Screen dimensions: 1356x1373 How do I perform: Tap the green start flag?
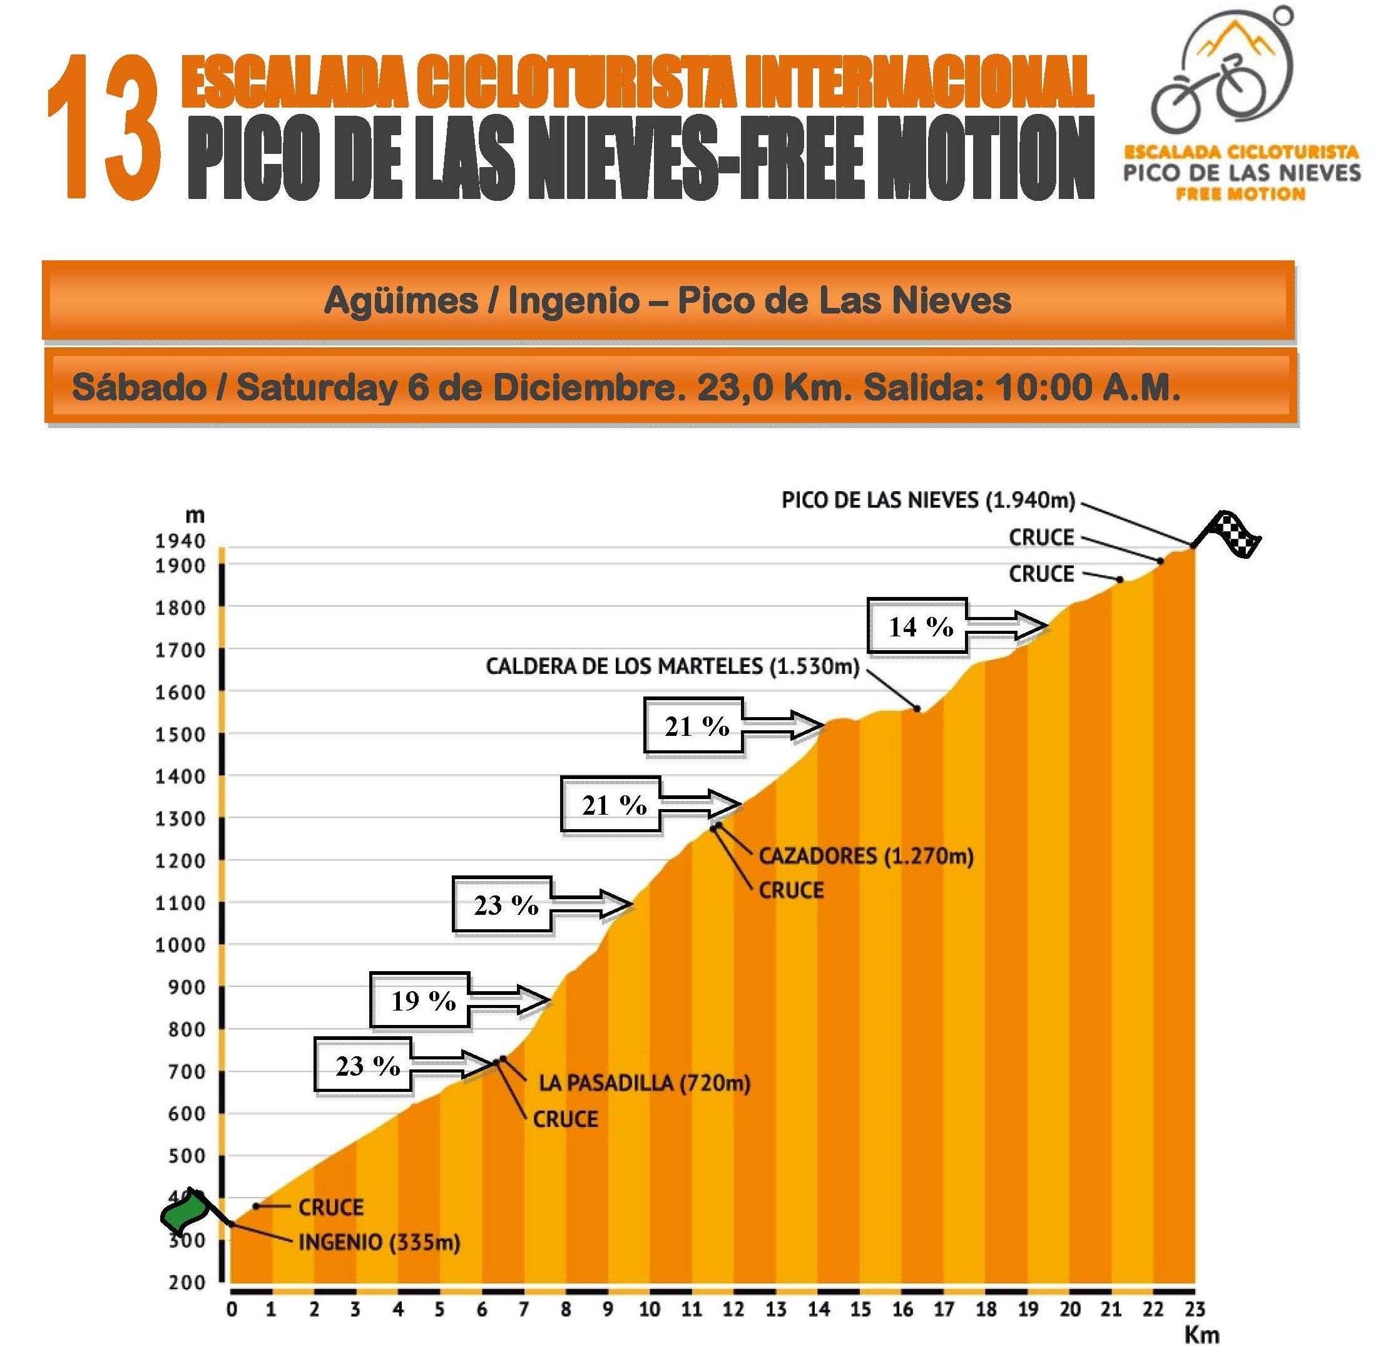click(183, 1213)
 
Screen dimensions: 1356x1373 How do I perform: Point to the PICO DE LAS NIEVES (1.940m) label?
click(928, 501)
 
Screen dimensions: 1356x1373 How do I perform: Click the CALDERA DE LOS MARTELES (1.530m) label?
click(672, 666)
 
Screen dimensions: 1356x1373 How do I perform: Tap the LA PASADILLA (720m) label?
click(644, 1083)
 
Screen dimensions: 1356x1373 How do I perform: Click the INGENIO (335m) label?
click(379, 1242)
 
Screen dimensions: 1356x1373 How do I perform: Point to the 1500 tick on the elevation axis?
click(180, 735)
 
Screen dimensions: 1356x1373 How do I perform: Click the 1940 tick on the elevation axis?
click(180, 541)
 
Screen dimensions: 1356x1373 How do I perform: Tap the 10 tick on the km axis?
click(649, 1309)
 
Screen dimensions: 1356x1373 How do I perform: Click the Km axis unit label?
click(1202, 1335)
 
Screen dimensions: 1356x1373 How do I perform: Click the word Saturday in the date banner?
click(316, 388)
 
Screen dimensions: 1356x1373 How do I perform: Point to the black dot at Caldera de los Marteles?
click(917, 708)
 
